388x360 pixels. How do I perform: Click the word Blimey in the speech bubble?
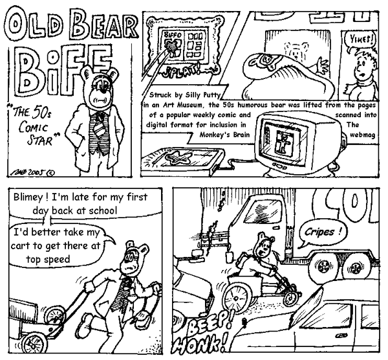tap(32, 199)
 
